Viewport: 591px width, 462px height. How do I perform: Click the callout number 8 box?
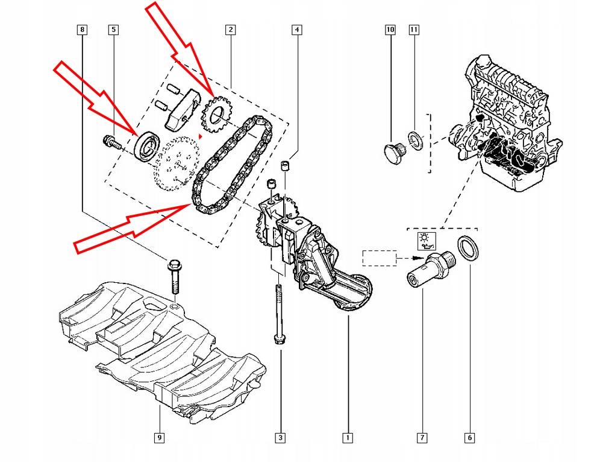82,29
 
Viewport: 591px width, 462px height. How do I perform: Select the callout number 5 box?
113,29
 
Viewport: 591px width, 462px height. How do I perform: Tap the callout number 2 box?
230,29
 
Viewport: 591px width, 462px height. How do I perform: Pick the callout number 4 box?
297,29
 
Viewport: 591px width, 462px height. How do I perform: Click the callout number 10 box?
390,29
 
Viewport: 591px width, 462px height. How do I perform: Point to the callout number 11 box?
413,29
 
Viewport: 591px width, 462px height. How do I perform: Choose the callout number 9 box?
159,438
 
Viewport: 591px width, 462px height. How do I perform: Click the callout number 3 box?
280,438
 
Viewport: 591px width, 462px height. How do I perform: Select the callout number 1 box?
346,438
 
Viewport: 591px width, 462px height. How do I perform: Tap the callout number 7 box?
422,438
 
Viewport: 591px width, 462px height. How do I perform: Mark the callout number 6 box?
469,438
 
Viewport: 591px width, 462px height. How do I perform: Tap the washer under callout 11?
415,141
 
